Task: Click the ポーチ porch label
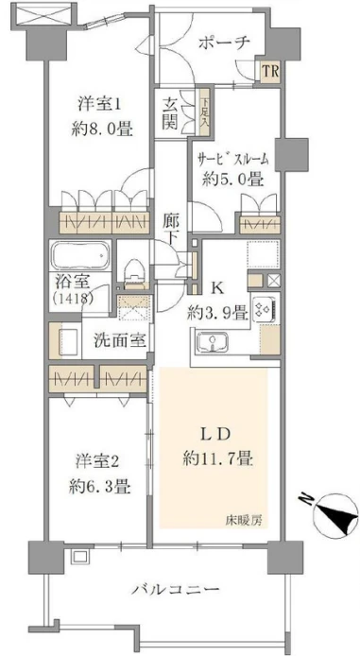224,43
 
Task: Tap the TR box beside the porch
269,71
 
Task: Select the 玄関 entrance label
170,113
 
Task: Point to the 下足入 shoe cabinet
204,112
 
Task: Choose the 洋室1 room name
99,104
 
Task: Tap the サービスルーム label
232,160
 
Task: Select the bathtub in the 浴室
79,255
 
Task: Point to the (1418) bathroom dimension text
74,299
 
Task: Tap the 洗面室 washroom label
120,341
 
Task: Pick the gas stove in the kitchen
264,310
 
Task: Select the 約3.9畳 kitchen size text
217,313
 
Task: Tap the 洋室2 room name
98,462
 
